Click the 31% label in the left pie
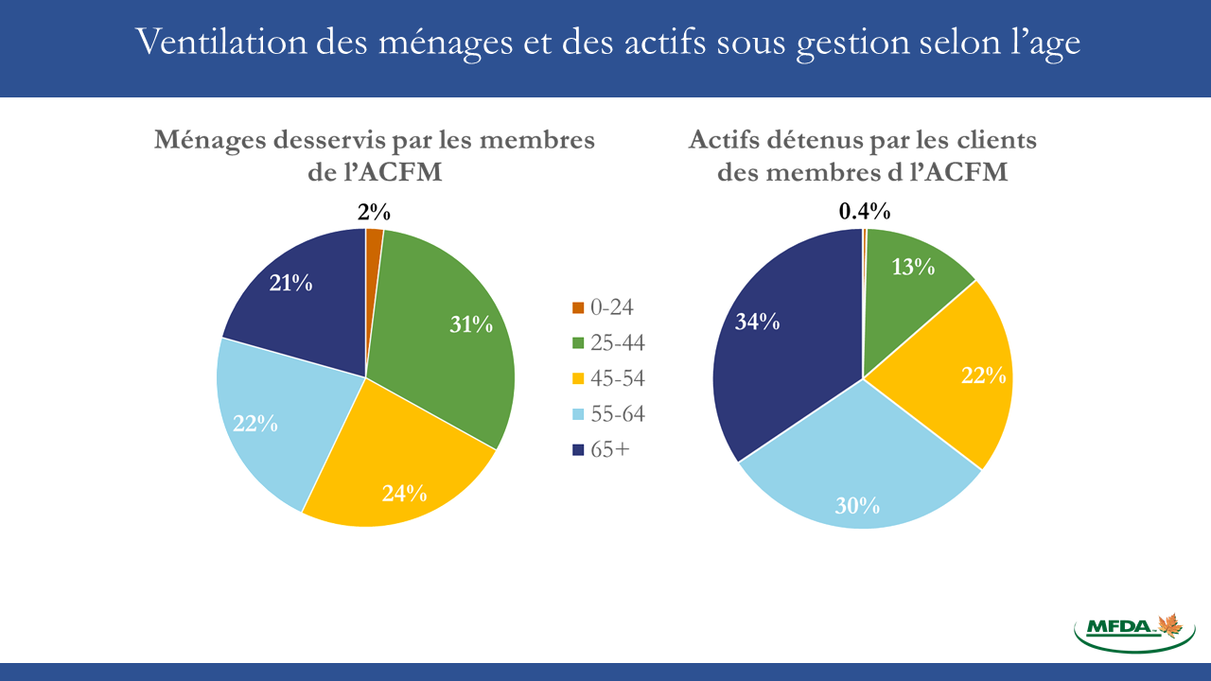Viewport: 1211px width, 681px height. click(x=470, y=324)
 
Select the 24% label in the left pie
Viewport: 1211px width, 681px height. click(x=404, y=493)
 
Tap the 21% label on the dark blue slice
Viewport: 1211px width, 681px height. click(x=290, y=282)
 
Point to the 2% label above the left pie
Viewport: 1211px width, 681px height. click(x=375, y=213)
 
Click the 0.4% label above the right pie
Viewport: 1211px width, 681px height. click(x=864, y=212)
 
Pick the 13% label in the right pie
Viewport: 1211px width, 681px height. click(x=913, y=267)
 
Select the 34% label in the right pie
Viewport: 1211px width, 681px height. click(x=757, y=323)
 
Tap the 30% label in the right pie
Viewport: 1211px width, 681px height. click(x=857, y=506)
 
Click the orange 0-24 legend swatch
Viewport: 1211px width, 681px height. click(x=578, y=308)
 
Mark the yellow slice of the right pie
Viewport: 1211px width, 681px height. click(x=956, y=378)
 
